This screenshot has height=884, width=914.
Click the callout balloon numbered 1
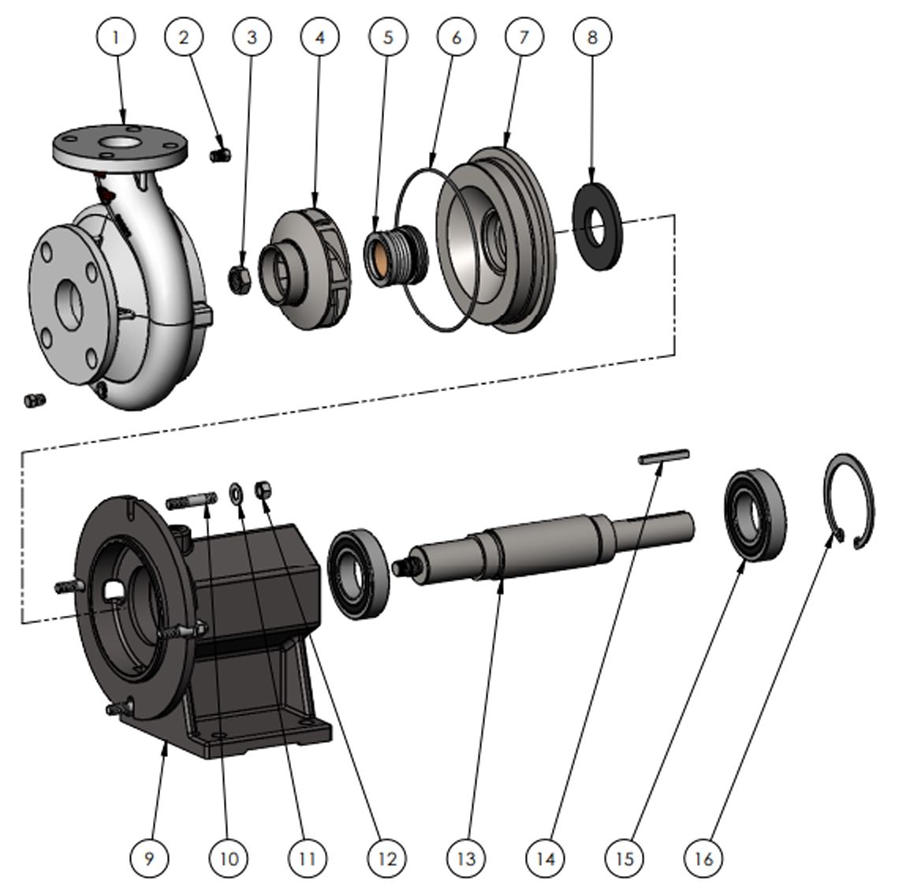click(x=117, y=36)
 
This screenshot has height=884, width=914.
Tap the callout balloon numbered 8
click(x=592, y=36)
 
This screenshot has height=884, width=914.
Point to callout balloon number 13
click(x=465, y=857)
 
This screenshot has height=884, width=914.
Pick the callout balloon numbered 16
click(x=703, y=857)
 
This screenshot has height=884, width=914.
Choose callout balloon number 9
click(x=149, y=857)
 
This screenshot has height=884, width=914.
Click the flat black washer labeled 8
click(x=596, y=226)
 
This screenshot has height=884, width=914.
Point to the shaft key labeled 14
click(x=664, y=456)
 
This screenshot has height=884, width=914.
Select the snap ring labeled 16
click(x=850, y=502)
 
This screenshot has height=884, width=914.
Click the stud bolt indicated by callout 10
click(x=191, y=500)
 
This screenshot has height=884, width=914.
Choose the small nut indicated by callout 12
click(x=264, y=490)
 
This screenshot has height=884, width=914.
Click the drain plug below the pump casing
click(x=35, y=401)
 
